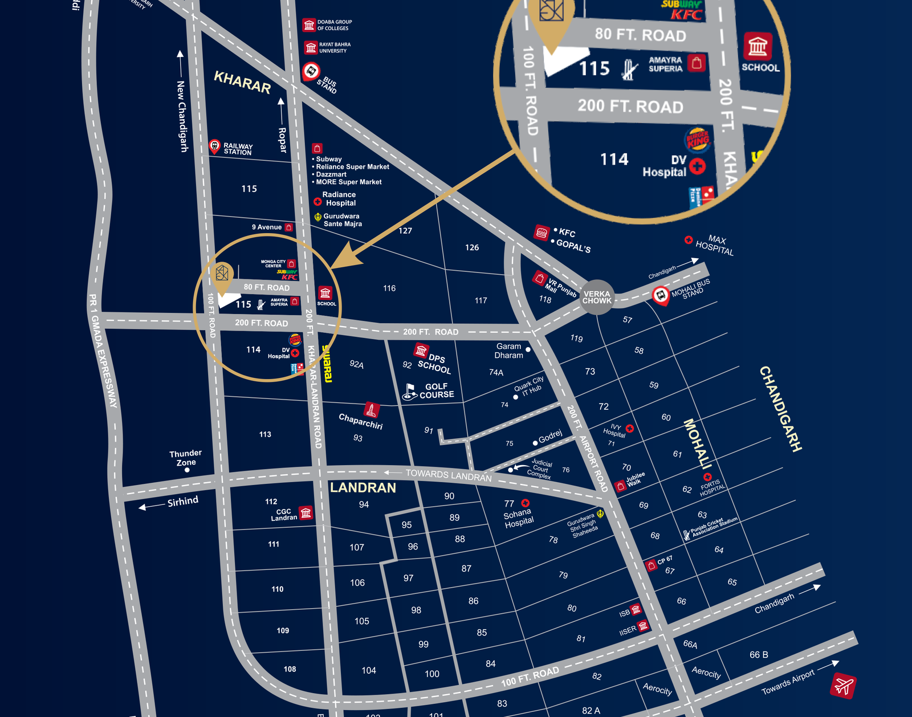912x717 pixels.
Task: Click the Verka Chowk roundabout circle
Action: (597, 296)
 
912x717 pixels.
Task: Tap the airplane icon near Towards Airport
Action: (843, 685)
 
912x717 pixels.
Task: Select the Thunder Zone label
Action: (185, 458)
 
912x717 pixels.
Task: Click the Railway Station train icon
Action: (214, 146)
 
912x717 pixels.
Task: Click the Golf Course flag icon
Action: (409, 392)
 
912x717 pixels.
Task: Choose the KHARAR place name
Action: (242, 82)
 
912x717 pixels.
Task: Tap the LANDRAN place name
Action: (363, 488)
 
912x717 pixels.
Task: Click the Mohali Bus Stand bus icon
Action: (660, 295)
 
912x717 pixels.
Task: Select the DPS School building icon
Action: (421, 350)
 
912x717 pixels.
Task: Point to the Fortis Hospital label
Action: (712, 487)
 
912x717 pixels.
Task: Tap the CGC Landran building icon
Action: (306, 513)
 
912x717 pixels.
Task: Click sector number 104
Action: (369, 670)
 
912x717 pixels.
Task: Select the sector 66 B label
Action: (759, 655)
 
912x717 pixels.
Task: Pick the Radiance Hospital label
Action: (340, 199)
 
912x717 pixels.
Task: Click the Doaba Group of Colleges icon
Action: (309, 25)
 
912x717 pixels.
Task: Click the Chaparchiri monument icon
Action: (371, 410)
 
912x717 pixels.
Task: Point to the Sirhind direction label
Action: (182, 502)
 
